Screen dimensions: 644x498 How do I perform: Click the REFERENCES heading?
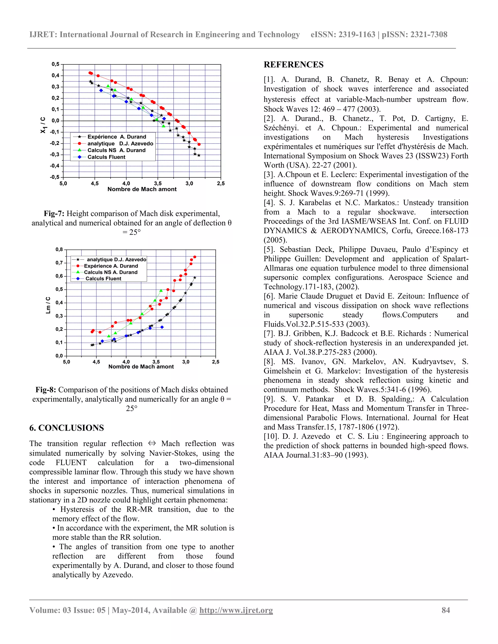pos(293,65)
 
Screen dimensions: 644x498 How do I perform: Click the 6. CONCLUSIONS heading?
pos(66,428)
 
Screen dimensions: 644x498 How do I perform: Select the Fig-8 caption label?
pos(46,390)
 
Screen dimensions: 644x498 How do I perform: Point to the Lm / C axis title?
pos(48,305)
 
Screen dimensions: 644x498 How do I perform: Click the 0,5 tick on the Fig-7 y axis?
pos(55,64)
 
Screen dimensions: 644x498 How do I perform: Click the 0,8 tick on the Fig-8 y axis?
pos(59,250)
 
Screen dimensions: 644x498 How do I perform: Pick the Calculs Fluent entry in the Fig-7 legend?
pos(106,157)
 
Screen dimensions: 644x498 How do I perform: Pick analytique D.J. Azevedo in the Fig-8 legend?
pos(116,260)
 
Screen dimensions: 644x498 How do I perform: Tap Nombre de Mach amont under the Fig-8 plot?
pos(141,366)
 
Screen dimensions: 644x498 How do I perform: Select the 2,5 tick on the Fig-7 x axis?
pos(221,183)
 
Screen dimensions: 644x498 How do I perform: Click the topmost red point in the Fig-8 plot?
pos(195,257)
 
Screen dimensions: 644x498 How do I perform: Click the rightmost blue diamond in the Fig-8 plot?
pos(162,327)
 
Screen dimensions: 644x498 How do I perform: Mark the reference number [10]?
pos(271,436)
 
